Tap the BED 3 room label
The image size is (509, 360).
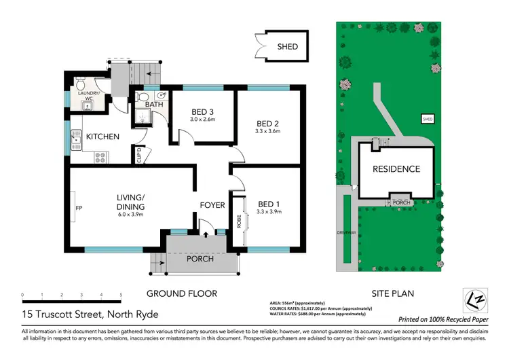point(202,112)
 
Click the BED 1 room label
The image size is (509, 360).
point(269,204)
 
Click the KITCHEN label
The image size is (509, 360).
point(102,137)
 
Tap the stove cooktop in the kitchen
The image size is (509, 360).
point(100,157)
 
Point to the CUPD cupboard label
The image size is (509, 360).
point(138,156)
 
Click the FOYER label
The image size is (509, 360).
point(212,204)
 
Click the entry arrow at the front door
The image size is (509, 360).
point(206,235)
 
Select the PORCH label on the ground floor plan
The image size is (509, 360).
point(200,259)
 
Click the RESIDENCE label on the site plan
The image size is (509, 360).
point(396,169)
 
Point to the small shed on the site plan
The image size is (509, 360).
point(428,119)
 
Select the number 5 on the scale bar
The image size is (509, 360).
point(121,295)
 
